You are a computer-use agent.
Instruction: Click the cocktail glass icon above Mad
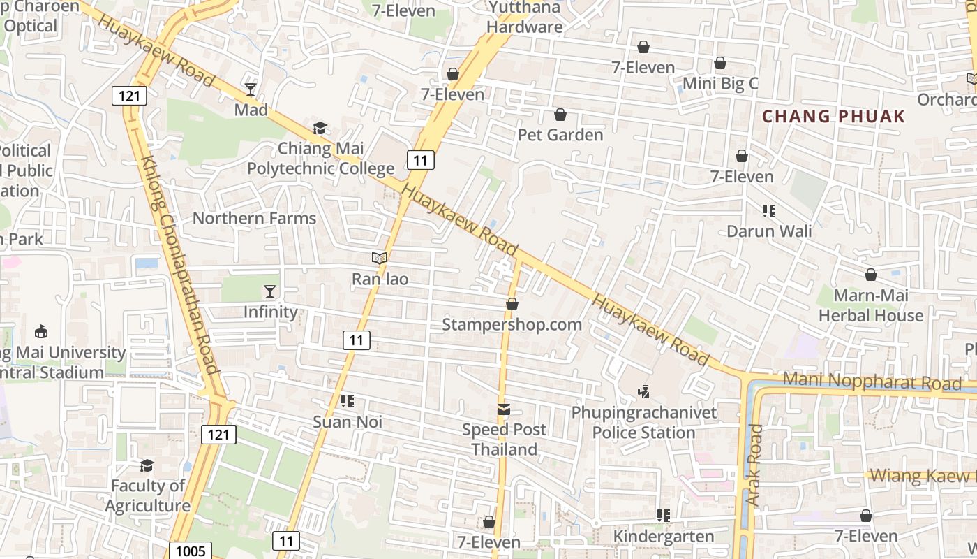point(251,89)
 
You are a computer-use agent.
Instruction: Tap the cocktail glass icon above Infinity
point(270,291)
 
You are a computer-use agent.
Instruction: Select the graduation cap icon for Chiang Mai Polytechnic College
point(320,128)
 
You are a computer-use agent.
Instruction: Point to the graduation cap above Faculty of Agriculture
point(147,465)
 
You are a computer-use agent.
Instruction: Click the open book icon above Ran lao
point(380,259)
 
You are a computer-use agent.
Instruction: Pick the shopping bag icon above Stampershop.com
point(512,304)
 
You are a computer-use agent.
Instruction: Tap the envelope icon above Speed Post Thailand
point(504,409)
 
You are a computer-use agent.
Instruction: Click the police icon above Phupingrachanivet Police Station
point(644,392)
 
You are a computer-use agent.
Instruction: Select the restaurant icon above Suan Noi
point(347,401)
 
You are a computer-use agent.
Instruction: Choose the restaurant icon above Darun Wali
point(769,210)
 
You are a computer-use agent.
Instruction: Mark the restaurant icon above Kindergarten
point(664,516)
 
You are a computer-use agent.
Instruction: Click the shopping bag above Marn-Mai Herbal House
point(871,275)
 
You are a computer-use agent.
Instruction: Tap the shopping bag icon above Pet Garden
point(560,115)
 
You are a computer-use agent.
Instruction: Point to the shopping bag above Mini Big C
point(720,64)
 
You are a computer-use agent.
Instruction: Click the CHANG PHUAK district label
point(833,117)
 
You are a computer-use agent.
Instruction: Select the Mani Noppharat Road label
point(872,382)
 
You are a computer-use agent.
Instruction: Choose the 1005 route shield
point(191,551)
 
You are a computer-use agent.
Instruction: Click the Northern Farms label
point(254,218)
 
